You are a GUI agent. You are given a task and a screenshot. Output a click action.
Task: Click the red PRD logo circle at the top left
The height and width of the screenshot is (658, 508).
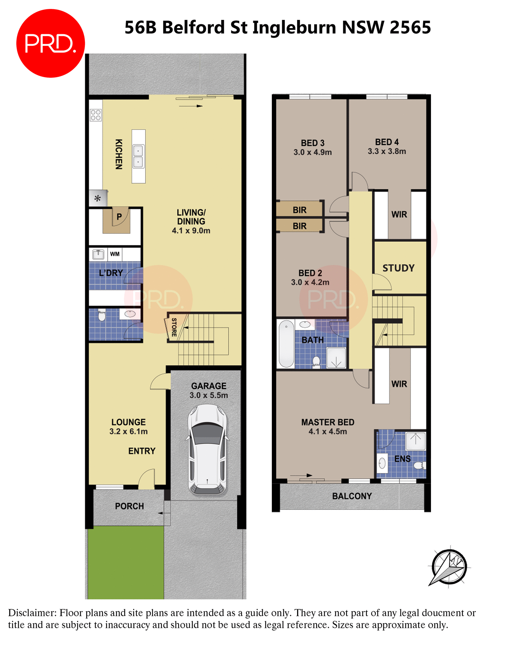(x=50, y=44)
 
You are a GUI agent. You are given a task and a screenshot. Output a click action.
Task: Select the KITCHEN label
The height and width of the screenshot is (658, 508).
(x=119, y=154)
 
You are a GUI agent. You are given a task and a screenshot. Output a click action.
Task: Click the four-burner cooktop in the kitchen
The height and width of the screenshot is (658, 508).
(x=96, y=115)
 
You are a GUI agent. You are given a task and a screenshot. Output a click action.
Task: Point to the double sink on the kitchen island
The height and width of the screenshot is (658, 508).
(x=138, y=156)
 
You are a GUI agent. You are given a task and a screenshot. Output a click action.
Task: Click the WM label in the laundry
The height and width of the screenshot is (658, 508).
(x=115, y=254)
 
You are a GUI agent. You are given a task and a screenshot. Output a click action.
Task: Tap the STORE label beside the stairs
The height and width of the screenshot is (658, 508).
(x=174, y=327)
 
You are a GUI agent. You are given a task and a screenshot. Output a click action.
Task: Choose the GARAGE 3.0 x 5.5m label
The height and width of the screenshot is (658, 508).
(x=209, y=391)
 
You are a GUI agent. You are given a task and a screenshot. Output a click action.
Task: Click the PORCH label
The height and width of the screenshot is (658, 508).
(x=129, y=506)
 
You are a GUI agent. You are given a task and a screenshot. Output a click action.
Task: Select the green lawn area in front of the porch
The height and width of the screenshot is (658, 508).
(x=126, y=562)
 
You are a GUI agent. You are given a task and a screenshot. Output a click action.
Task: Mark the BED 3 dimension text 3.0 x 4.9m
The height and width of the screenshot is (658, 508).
(x=313, y=153)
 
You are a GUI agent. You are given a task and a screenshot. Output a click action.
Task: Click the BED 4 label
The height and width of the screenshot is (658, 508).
(x=387, y=142)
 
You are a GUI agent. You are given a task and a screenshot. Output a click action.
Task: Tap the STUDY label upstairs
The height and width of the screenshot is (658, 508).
(x=398, y=268)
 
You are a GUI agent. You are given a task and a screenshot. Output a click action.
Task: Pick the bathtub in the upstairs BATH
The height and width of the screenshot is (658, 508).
(x=286, y=344)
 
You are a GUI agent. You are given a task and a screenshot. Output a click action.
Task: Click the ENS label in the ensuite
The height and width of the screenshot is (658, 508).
(x=402, y=459)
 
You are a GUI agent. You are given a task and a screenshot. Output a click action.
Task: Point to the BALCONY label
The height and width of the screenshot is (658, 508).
(x=352, y=496)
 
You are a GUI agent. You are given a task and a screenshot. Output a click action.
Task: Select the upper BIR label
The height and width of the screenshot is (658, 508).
(x=300, y=210)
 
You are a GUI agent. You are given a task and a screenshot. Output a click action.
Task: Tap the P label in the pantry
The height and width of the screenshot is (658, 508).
(x=119, y=217)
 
